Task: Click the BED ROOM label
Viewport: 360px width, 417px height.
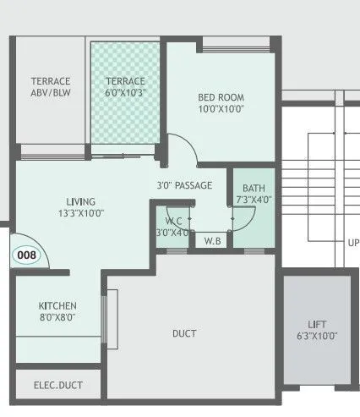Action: pos(221,96)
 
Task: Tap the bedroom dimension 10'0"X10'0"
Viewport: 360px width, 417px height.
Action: pos(221,109)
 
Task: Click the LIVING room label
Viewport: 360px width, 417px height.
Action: pos(81,201)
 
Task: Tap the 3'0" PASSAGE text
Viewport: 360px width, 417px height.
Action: pos(184,185)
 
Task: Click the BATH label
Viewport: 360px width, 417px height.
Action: pos(253,188)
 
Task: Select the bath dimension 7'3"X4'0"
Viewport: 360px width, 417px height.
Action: pos(253,200)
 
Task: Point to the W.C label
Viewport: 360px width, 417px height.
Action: pos(173,221)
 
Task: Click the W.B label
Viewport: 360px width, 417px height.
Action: pos(213,241)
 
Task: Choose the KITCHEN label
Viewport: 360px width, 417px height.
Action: pos(57,305)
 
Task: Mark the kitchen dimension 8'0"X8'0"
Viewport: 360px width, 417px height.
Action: pos(57,318)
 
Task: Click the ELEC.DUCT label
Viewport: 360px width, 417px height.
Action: pos(58,386)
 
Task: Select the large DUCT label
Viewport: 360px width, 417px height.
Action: pos(184,333)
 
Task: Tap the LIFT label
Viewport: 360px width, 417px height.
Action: pos(317,324)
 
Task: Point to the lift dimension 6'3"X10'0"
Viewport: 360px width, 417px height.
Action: pos(317,336)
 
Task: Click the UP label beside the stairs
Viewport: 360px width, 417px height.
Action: pos(352,242)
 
